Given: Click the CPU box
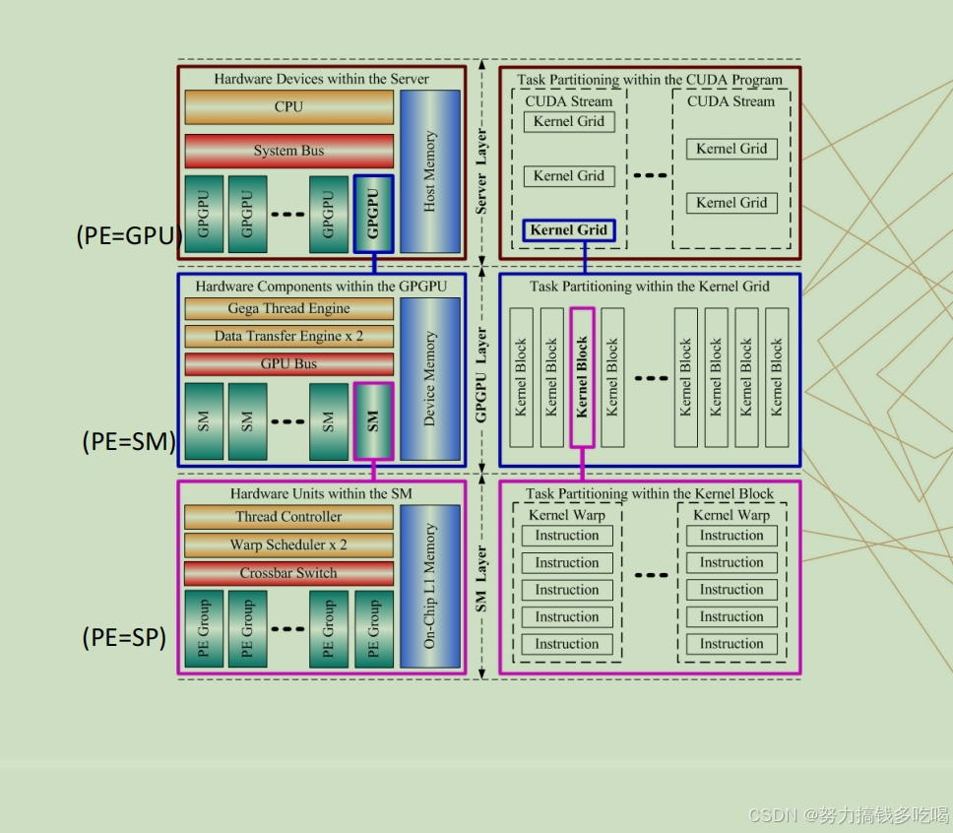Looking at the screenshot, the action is point(288,107).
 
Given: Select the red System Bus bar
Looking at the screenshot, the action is point(288,151).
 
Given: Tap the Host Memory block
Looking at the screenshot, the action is point(429,171).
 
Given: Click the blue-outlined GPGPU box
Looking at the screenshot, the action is point(373,214).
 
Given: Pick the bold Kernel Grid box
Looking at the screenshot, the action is point(569,230).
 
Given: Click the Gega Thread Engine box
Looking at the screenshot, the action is point(288,308).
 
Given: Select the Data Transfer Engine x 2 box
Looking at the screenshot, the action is point(288,336).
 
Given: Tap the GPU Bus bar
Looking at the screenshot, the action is point(288,363).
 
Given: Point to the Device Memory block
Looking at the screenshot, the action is point(429,379).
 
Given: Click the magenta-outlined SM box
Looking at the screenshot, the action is point(373,421).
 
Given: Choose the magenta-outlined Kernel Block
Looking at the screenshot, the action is point(582,377).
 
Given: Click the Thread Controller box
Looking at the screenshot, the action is point(288,517).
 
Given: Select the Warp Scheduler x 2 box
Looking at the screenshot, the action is point(288,545).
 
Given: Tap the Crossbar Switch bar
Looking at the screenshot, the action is point(288,573).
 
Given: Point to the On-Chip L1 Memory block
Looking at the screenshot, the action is point(429,586).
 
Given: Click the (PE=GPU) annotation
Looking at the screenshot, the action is point(129,235).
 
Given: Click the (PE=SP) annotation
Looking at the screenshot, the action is point(125,637).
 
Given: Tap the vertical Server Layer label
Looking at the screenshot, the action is point(480,171).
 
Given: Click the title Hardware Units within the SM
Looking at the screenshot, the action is point(321,493).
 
